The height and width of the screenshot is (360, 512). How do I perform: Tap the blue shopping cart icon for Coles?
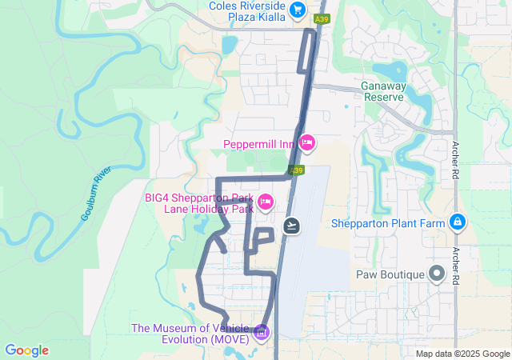tap(298, 10)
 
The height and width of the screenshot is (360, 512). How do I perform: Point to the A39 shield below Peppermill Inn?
tap(297, 170)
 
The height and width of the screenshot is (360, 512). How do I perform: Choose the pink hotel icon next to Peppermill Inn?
tap(307, 143)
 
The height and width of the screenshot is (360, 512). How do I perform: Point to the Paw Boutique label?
tap(390, 274)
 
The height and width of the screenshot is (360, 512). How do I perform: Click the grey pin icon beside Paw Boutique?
tap(437, 274)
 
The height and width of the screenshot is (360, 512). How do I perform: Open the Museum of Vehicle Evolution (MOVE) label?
tap(191, 333)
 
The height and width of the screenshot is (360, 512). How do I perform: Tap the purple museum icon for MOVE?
tap(261, 332)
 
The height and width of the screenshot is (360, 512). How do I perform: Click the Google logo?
tap(26, 350)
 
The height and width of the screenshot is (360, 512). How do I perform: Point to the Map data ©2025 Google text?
tap(462, 354)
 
